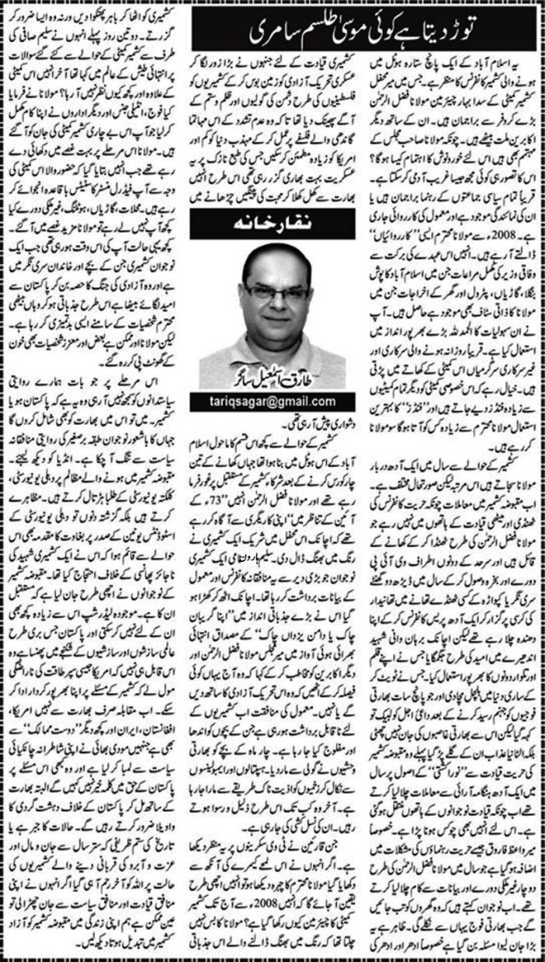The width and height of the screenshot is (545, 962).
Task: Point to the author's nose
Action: point(275,306)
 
